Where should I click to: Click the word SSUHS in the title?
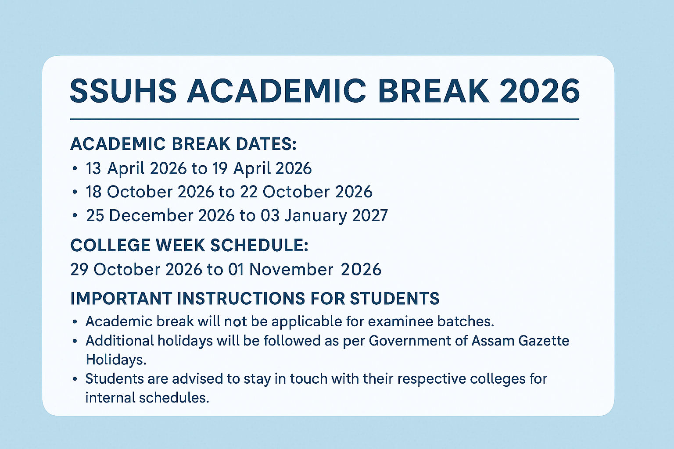coord(123,91)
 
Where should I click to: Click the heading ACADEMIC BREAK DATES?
coord(183,144)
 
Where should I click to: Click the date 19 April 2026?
coord(262,168)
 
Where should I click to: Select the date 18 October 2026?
coord(149,192)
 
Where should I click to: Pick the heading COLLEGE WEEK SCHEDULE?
coord(189,245)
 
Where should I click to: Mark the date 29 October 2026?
coord(136,269)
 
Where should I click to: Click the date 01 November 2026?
coord(305,269)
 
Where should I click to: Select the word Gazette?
coord(544,341)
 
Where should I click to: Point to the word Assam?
coord(493,341)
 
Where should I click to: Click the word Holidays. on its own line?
coord(116,360)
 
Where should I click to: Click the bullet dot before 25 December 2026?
coord(75,215)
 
